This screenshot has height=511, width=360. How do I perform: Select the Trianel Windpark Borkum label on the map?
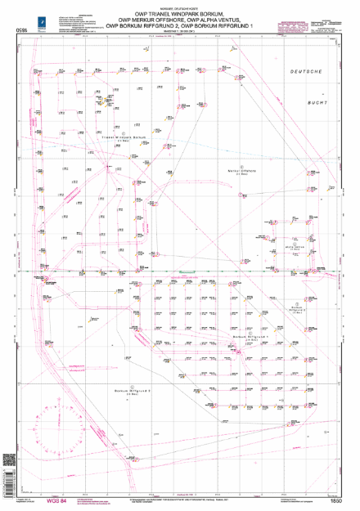125,137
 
